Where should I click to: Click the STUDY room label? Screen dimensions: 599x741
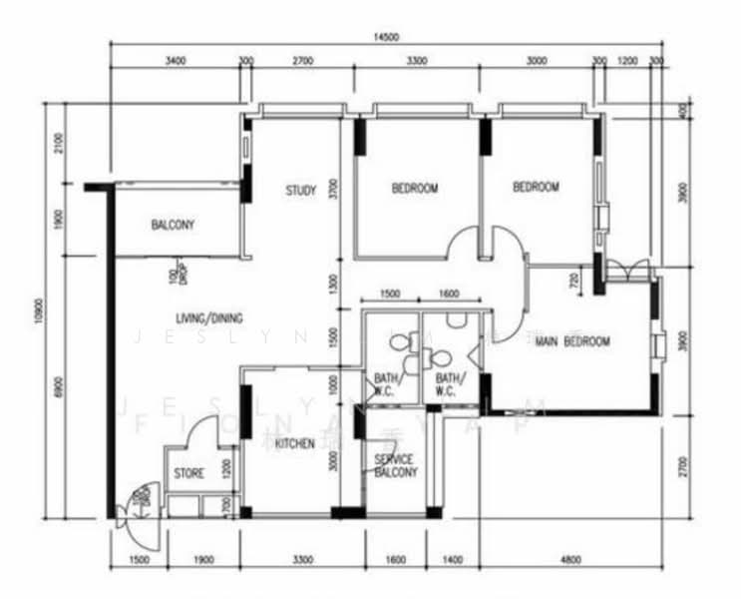[300, 191]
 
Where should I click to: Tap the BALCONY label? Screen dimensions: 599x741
[173, 226]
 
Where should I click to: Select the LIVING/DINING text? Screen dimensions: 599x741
[206, 318]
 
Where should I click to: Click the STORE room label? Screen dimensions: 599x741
[188, 473]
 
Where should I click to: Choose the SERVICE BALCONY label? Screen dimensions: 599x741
[394, 466]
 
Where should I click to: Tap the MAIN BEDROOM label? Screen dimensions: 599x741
[572, 341]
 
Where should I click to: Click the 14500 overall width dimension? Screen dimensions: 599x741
[384, 37]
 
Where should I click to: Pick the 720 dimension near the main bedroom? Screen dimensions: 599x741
[574, 281]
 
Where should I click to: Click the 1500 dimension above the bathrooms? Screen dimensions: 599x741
[390, 295]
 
